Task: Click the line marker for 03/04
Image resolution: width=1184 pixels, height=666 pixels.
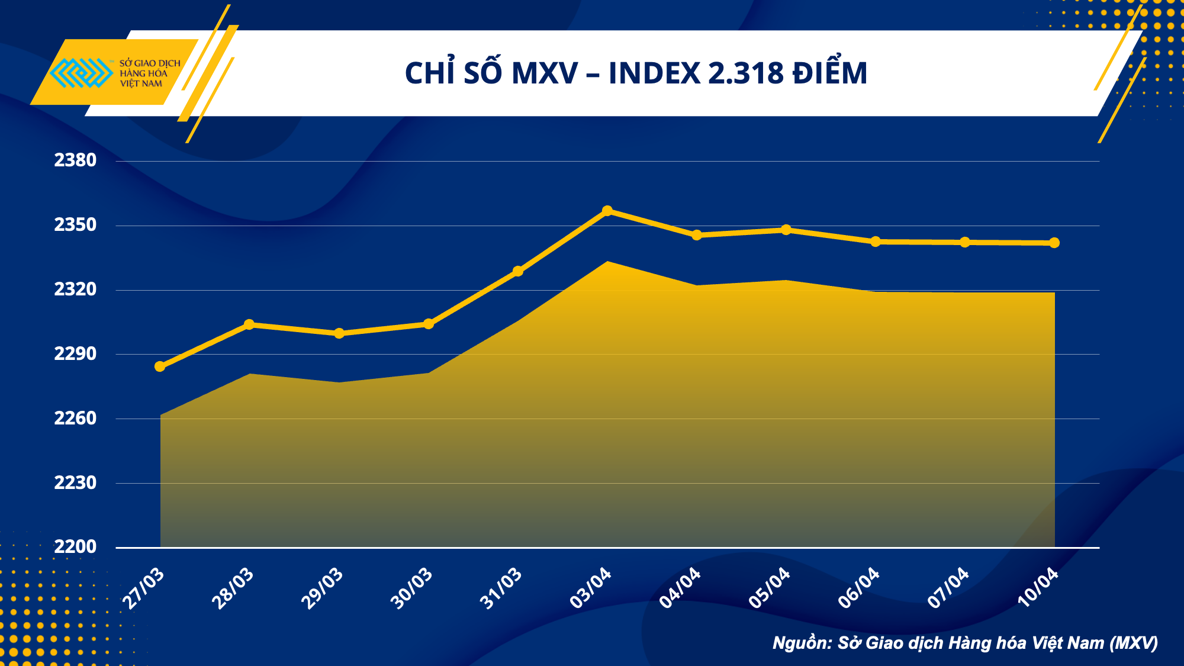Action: pyautogui.click(x=607, y=211)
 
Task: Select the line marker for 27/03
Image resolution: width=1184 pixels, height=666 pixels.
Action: pyautogui.click(x=160, y=366)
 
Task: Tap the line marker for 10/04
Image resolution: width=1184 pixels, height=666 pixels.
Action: pyautogui.click(x=1054, y=243)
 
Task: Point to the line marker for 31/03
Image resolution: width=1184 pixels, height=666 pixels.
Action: pyautogui.click(x=518, y=271)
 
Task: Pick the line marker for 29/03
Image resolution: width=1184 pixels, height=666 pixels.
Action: pyautogui.click(x=339, y=333)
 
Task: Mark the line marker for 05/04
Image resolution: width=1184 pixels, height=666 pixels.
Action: pyautogui.click(x=786, y=230)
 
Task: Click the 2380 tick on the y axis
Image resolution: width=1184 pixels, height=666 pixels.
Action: pyautogui.click(x=75, y=160)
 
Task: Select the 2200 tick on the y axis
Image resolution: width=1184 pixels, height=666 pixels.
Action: pyautogui.click(x=75, y=546)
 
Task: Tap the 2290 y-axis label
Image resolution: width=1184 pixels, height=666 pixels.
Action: pyautogui.click(x=75, y=354)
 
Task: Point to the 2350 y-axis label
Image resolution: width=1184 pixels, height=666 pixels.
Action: pyautogui.click(x=75, y=225)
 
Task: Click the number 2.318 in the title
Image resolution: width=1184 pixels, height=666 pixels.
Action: pyautogui.click(x=746, y=74)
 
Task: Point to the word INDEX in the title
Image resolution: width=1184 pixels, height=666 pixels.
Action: pyautogui.click(x=655, y=74)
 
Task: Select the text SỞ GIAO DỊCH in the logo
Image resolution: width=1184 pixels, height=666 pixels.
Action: pyautogui.click(x=150, y=63)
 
